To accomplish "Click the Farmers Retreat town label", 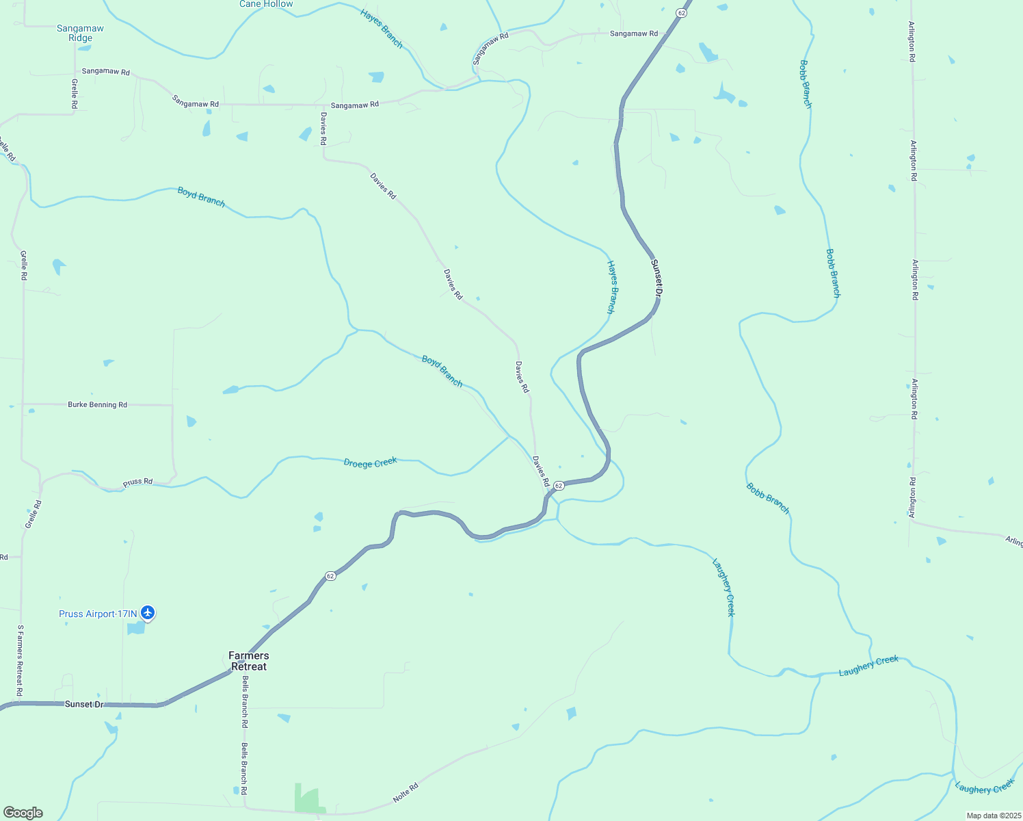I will point(248,661).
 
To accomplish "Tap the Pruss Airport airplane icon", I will point(148,613).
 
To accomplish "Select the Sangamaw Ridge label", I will point(80,34).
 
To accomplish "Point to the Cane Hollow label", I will point(266,4).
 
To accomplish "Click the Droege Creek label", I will point(370,463).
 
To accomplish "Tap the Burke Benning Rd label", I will point(97,404).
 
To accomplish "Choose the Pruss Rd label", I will point(137,482).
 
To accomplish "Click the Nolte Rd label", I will point(406,793).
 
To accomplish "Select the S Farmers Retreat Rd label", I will point(21,661).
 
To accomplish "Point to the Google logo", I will point(23,813).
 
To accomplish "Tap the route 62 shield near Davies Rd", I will point(559,485).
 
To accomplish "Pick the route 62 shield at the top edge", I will point(682,12).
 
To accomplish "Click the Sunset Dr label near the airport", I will point(83,704).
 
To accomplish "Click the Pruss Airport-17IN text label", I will point(98,614).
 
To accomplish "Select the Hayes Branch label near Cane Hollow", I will point(382,28).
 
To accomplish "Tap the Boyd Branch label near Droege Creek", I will point(442,371).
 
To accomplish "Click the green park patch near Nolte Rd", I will point(307,798).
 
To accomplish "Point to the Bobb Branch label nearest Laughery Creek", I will point(768,499).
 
